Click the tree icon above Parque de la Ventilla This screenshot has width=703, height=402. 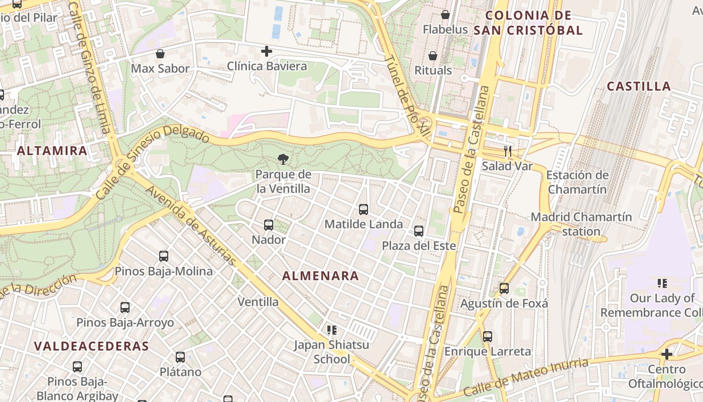tap(283, 160)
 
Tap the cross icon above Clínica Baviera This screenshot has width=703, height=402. tap(267, 51)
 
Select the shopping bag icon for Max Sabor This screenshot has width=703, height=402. tap(160, 54)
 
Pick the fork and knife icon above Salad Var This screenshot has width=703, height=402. tap(507, 151)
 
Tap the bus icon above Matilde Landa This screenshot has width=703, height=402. tap(364, 210)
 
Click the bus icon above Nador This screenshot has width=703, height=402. tap(269, 225)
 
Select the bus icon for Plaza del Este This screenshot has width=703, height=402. tap(419, 231)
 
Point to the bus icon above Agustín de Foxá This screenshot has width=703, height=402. tap(504, 289)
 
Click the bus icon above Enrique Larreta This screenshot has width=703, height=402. tap(488, 337)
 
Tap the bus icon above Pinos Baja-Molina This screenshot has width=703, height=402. tap(164, 256)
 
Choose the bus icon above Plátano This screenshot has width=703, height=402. tap(180, 358)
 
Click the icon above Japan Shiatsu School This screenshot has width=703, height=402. tap(331, 330)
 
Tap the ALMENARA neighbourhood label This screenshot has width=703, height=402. tap(320, 276)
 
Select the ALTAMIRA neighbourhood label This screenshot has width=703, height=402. tap(52, 150)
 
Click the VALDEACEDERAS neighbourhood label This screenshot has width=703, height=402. tap(91, 346)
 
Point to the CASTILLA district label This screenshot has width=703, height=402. tap(639, 86)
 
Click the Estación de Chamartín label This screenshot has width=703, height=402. tap(577, 182)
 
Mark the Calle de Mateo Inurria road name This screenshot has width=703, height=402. tap(526, 377)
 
